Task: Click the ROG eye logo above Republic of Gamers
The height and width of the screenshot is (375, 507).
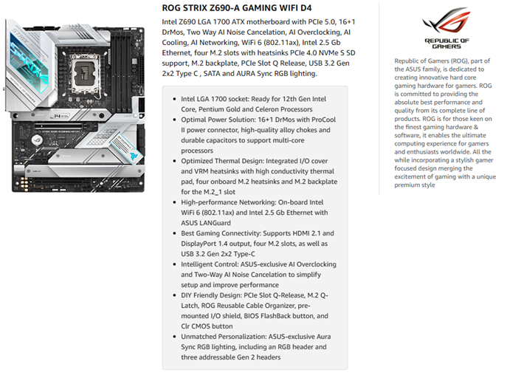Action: click(447, 21)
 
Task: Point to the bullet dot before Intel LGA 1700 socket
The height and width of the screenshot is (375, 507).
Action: click(174, 97)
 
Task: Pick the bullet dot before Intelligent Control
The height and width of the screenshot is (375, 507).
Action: click(174, 263)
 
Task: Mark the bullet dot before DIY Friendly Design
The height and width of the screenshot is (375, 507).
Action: click(174, 294)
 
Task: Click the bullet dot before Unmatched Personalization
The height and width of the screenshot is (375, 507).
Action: click(174, 335)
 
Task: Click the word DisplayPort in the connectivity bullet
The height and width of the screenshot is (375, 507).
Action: click(204, 242)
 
